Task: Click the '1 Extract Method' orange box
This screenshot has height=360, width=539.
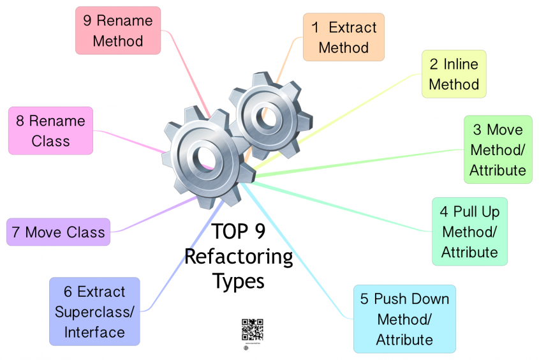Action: [343, 37]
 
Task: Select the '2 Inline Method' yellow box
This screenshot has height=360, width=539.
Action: [454, 74]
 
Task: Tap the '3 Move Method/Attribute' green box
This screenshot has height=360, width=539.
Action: [498, 150]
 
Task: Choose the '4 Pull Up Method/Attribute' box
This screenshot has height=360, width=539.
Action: [469, 231]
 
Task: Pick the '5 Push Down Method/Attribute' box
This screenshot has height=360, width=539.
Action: [404, 319]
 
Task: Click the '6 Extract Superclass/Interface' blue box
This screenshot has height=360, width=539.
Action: [94, 311]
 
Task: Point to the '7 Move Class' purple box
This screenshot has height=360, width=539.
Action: [58, 232]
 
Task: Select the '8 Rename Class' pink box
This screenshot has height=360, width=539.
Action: [50, 130]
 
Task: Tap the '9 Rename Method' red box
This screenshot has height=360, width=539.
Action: [118, 31]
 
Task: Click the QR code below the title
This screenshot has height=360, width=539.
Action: [252, 329]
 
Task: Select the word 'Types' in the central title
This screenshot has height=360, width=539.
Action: [238, 280]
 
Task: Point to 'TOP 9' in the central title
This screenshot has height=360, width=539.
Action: [239, 232]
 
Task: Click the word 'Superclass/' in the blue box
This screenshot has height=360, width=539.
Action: [94, 312]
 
